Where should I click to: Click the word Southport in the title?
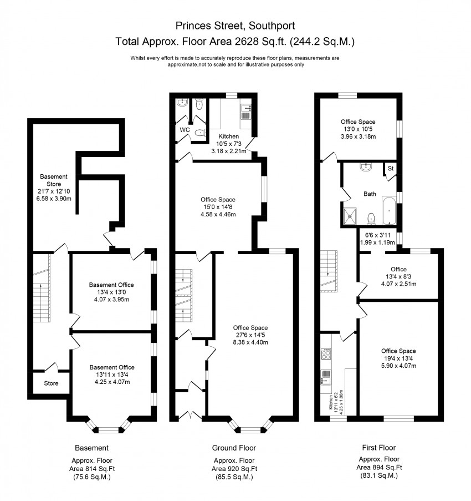(x=272, y=26)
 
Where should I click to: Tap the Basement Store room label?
(x=54, y=180)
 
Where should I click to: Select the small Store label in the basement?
(x=51, y=383)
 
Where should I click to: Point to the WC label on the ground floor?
(x=185, y=130)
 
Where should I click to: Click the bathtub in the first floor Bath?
(x=389, y=211)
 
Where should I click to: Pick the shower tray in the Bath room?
(x=350, y=216)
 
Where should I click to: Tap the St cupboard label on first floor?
(x=391, y=168)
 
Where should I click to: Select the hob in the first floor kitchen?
(x=326, y=354)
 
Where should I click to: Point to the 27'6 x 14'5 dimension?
(x=250, y=335)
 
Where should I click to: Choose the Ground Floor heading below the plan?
(x=234, y=448)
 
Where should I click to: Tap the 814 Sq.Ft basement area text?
(x=92, y=469)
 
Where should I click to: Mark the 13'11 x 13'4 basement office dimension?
(x=112, y=375)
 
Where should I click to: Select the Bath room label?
(x=370, y=194)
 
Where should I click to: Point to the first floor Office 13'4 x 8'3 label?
(x=398, y=276)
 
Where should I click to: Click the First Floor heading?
(x=379, y=448)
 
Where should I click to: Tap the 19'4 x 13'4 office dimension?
(x=398, y=358)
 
